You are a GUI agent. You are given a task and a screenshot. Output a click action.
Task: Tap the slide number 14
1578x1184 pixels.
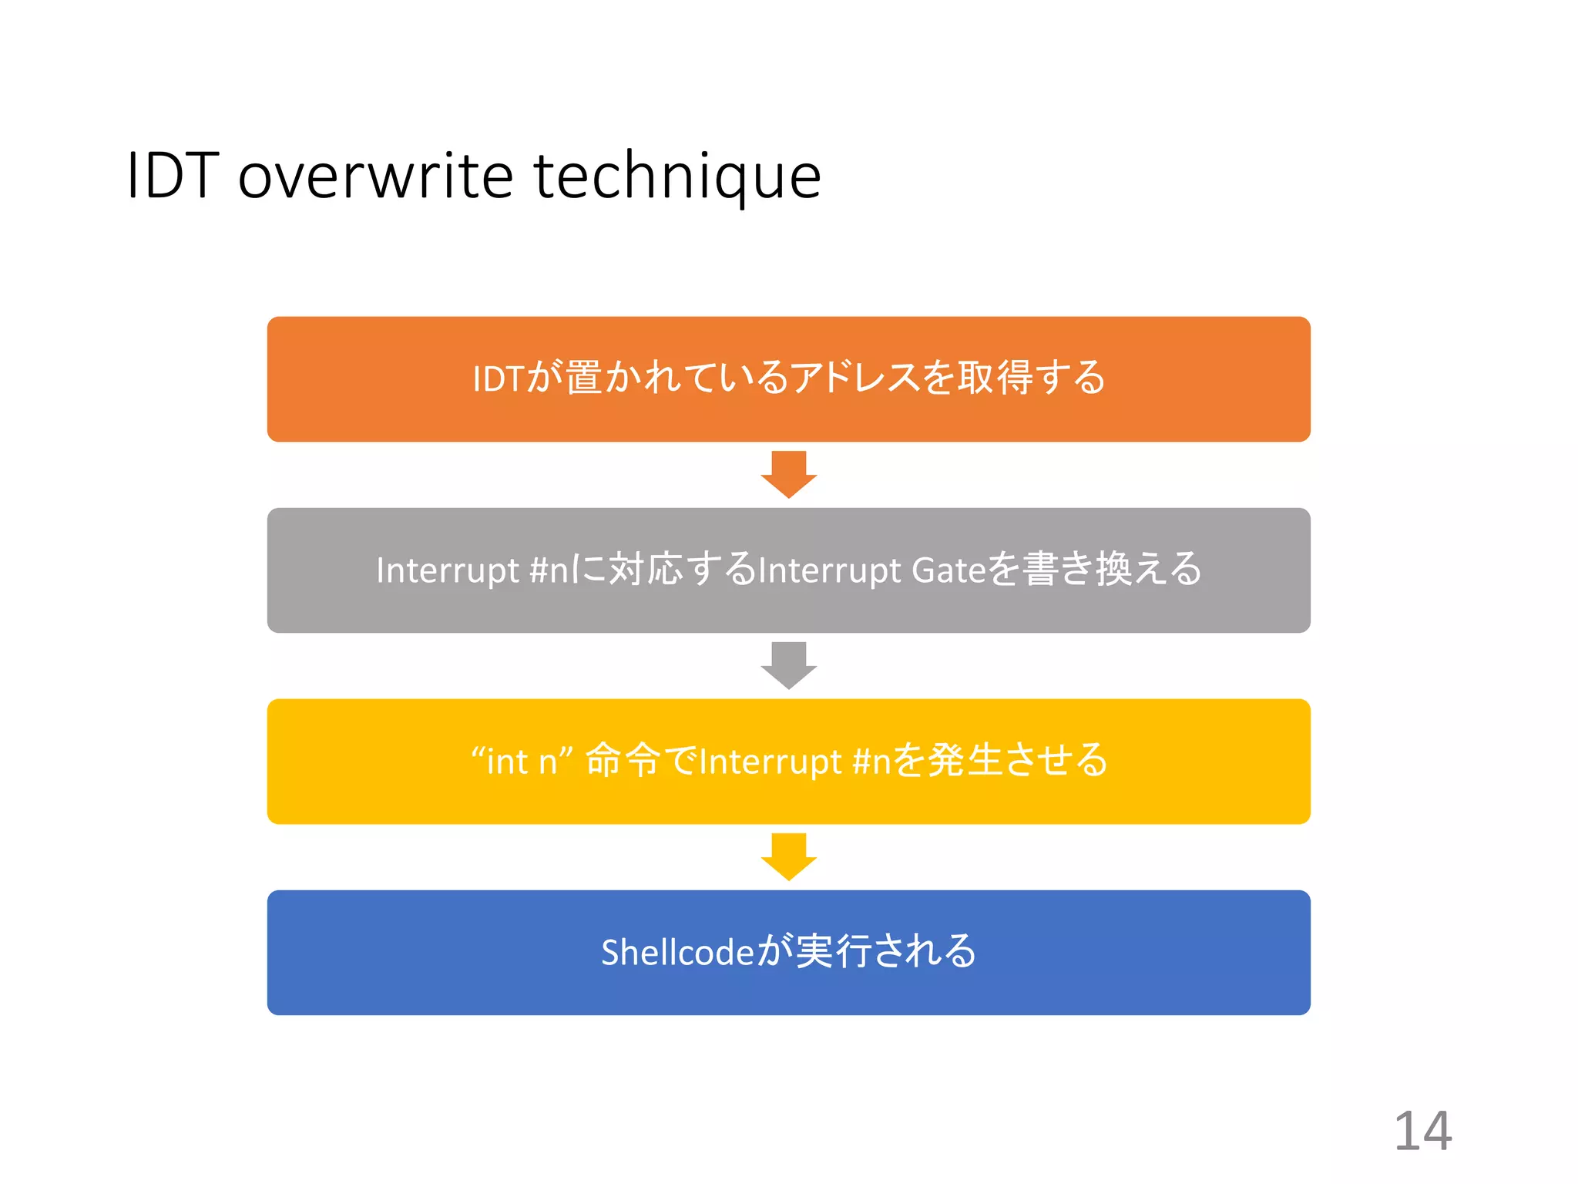point(1422,1131)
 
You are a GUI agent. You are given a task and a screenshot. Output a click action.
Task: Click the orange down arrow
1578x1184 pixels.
point(788,474)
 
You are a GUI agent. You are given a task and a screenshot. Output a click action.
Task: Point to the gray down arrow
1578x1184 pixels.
point(788,665)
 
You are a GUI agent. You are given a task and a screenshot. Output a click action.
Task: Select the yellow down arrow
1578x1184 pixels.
point(788,856)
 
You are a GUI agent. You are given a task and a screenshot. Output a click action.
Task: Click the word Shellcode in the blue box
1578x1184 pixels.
point(677,953)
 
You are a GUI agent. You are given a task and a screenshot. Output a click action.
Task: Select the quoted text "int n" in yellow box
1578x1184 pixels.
point(522,762)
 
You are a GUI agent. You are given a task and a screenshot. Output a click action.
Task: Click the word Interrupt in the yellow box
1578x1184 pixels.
point(770,762)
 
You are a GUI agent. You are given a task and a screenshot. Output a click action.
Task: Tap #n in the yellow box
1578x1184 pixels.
point(871,762)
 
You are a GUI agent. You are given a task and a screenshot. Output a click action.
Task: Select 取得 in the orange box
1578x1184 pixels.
point(995,378)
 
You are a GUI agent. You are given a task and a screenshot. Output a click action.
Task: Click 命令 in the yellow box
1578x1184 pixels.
point(623,761)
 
